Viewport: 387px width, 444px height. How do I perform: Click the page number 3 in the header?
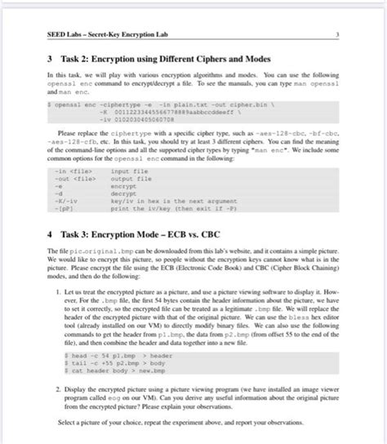336,33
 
